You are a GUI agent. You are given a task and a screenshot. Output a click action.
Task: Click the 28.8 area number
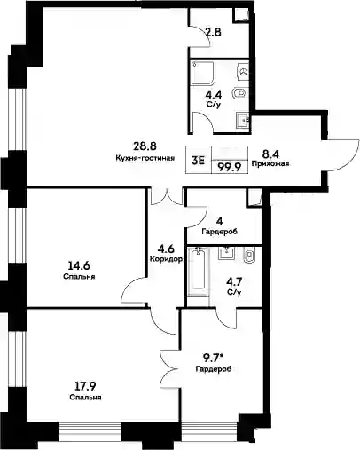[x=145, y=146]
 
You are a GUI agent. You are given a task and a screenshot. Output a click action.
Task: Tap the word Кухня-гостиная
[x=145, y=158]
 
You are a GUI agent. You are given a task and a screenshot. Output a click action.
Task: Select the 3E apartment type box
[x=198, y=160]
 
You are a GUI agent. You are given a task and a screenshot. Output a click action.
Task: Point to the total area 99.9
[x=229, y=167]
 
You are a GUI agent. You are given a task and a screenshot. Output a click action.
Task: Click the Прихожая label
[x=270, y=163]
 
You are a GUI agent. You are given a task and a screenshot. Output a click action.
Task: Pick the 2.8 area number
[x=214, y=32]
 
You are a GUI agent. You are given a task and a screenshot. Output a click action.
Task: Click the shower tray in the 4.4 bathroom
[x=203, y=74]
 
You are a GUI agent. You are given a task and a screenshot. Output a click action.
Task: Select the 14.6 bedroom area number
[x=79, y=266]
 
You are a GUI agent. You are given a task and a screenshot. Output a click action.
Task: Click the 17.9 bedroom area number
[x=85, y=386]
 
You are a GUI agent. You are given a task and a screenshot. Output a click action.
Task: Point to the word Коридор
[x=166, y=259]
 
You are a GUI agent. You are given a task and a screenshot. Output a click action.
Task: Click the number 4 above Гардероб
[x=220, y=221]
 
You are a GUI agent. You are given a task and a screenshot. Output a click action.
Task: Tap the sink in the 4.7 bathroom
[x=226, y=253]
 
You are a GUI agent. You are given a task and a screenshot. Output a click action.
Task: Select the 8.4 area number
[x=270, y=154]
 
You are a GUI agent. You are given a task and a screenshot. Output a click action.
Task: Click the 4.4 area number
[x=214, y=95]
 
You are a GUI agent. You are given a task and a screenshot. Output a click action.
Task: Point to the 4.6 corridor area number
[x=166, y=249]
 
